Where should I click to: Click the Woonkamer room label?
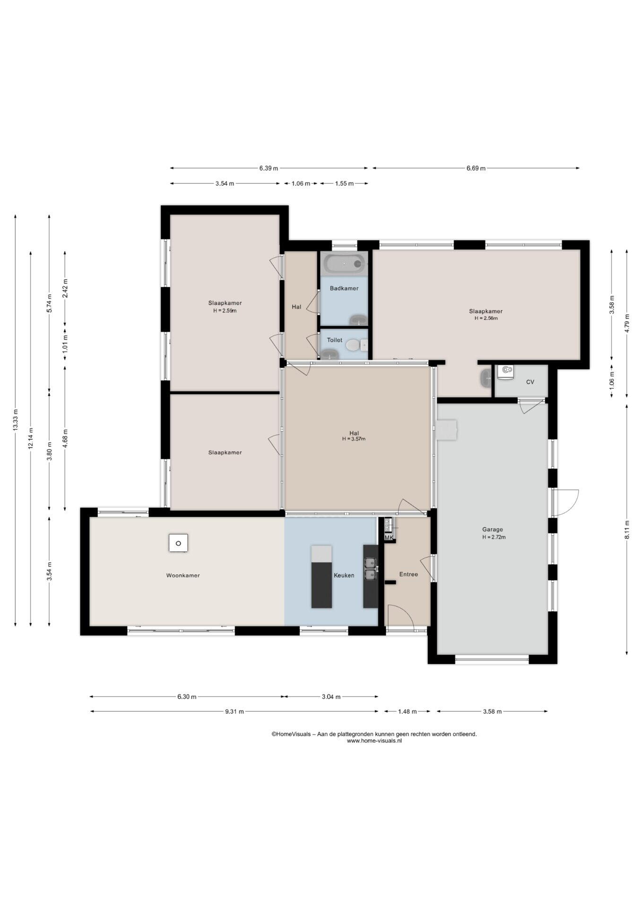point(182,575)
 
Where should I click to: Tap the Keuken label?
point(344,575)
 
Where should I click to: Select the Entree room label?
point(408,574)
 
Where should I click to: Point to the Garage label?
point(493,530)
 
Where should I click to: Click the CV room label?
point(530,382)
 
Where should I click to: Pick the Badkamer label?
point(344,288)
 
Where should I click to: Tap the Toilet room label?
point(335,340)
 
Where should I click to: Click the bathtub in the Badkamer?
point(345,263)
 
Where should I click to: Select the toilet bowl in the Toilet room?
point(353,345)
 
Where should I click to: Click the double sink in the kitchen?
point(371,568)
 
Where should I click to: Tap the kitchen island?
point(321,576)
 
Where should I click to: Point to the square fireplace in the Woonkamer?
point(178,543)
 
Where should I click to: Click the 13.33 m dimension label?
point(16,419)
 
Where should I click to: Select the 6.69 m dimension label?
point(476,168)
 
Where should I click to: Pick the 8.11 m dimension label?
point(627,530)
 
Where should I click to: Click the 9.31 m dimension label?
point(234,711)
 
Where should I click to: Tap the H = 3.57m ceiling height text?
point(354,439)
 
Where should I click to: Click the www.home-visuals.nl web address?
point(374,741)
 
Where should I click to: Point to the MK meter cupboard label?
point(389,538)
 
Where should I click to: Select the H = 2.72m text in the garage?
point(494,537)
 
